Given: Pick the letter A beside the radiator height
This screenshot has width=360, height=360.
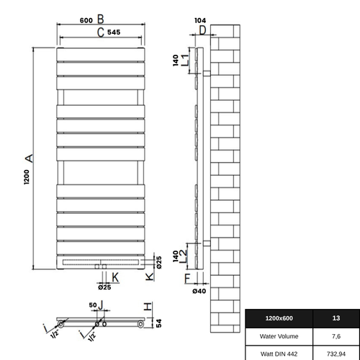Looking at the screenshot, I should (x=27, y=157).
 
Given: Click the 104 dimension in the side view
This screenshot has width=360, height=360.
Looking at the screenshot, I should (x=200, y=21).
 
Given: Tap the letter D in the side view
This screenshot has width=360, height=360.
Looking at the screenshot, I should (x=202, y=30).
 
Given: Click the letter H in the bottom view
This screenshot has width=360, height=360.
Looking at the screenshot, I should (x=147, y=306).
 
